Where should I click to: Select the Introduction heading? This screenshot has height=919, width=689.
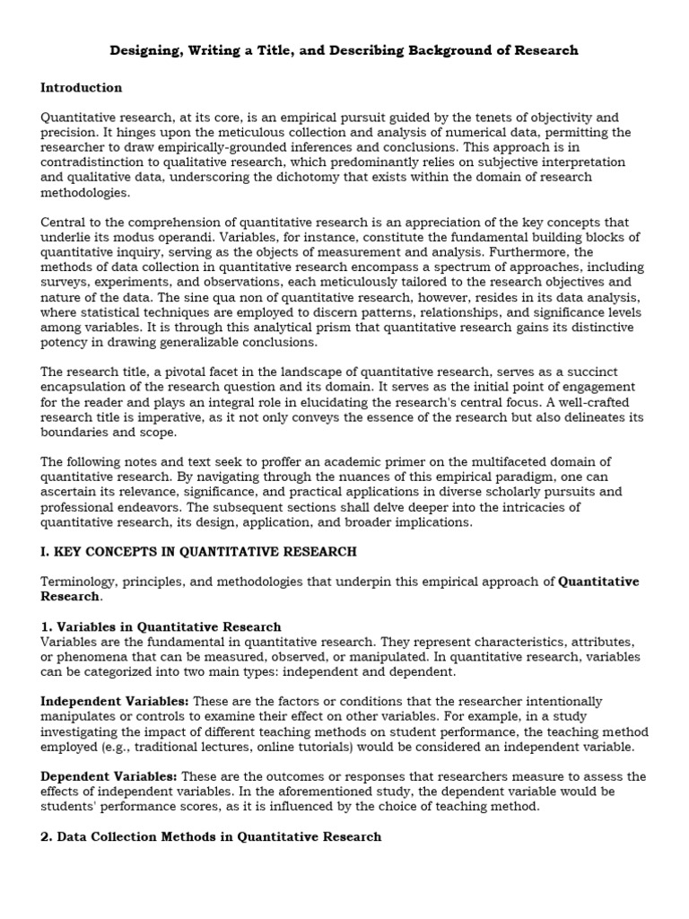82,88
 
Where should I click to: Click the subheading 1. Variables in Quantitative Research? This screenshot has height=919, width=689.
161,626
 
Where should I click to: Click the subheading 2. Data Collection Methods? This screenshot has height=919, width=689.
211,836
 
